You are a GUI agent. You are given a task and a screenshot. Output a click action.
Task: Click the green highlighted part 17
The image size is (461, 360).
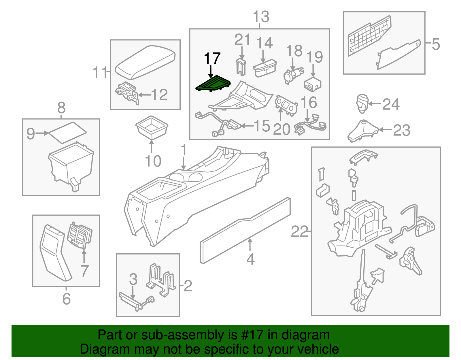pyautogui.click(x=213, y=84)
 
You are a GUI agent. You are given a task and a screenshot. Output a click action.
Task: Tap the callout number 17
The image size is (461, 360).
pyautogui.click(x=212, y=59)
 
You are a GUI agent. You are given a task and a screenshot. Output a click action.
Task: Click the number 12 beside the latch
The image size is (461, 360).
pyautogui.click(x=159, y=95)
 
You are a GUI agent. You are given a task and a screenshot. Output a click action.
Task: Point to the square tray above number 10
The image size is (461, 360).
pyautogui.click(x=152, y=127)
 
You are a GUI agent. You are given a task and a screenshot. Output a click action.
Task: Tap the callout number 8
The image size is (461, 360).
pyautogui.click(x=61, y=108)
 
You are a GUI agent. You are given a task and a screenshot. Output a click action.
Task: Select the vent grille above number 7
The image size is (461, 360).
pyautogui.click(x=80, y=235)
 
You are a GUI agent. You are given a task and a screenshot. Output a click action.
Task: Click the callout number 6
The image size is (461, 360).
pyautogui.click(x=66, y=299)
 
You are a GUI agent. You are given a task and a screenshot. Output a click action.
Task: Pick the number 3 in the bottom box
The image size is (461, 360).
pyautogui.click(x=133, y=279)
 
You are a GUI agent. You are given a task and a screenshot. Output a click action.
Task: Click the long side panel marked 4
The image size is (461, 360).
pyautogui.click(x=245, y=231)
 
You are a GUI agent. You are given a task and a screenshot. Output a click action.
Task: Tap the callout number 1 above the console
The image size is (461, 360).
pyautogui.click(x=184, y=150)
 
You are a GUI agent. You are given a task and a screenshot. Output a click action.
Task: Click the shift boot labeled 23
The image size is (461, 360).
pyautogui.click(x=362, y=131)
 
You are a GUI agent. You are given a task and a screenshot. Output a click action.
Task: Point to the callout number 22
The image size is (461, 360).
pyautogui.click(x=299, y=231)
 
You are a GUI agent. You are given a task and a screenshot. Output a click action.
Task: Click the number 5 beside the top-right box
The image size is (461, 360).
pyautogui.click(x=436, y=44)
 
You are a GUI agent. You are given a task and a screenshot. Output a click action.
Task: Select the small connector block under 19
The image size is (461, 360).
pyautogui.click(x=312, y=84)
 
